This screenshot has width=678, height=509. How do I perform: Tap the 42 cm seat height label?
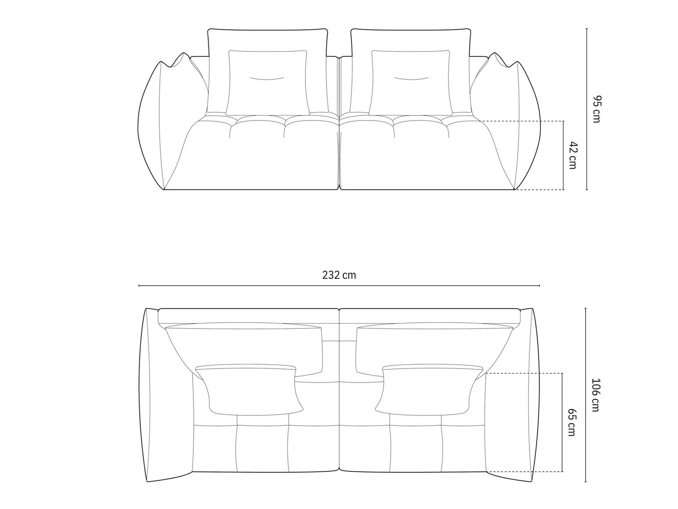(x=572, y=155)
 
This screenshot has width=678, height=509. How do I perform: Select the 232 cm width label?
(x=339, y=275)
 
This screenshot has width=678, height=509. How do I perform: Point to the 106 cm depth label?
(x=595, y=395)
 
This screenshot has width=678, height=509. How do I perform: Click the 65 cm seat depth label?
(x=571, y=423)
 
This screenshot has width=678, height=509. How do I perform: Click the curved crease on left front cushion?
(x=266, y=79)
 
